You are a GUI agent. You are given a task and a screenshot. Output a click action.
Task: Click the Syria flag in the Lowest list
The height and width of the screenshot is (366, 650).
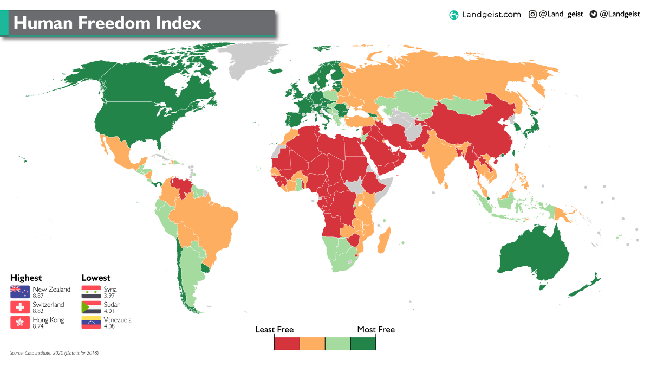point(91,292)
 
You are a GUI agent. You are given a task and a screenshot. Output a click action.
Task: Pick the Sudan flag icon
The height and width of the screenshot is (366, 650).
point(91,307)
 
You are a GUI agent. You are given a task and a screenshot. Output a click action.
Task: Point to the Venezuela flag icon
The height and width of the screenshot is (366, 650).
point(91,323)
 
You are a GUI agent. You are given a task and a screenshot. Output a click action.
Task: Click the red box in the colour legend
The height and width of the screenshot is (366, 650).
point(287,343)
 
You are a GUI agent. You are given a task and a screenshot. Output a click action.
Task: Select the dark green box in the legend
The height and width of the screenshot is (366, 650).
point(363,343)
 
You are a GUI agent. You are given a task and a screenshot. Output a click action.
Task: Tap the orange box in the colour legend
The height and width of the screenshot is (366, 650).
point(313,343)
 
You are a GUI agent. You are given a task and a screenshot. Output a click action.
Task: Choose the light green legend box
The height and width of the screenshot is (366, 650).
point(337,343)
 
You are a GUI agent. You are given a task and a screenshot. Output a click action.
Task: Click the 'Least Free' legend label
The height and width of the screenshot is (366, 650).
point(274,330)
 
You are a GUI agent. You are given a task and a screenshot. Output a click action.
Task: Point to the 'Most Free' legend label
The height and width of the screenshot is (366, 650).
point(376,330)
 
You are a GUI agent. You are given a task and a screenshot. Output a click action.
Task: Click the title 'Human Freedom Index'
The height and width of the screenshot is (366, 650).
point(107,23)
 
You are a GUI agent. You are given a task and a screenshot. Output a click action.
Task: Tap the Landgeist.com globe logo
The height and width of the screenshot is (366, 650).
point(454,15)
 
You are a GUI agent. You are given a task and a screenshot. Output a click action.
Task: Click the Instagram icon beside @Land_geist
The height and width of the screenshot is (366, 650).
point(532,15)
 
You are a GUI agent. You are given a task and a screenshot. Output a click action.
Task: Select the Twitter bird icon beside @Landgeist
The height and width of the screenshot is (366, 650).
point(593,15)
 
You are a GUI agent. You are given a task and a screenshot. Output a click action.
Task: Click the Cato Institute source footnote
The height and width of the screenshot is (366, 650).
point(54,353)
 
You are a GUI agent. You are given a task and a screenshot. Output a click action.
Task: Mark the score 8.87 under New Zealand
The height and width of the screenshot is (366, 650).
point(38,296)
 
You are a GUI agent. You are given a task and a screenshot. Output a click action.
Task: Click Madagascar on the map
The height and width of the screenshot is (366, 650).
point(383,242)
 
